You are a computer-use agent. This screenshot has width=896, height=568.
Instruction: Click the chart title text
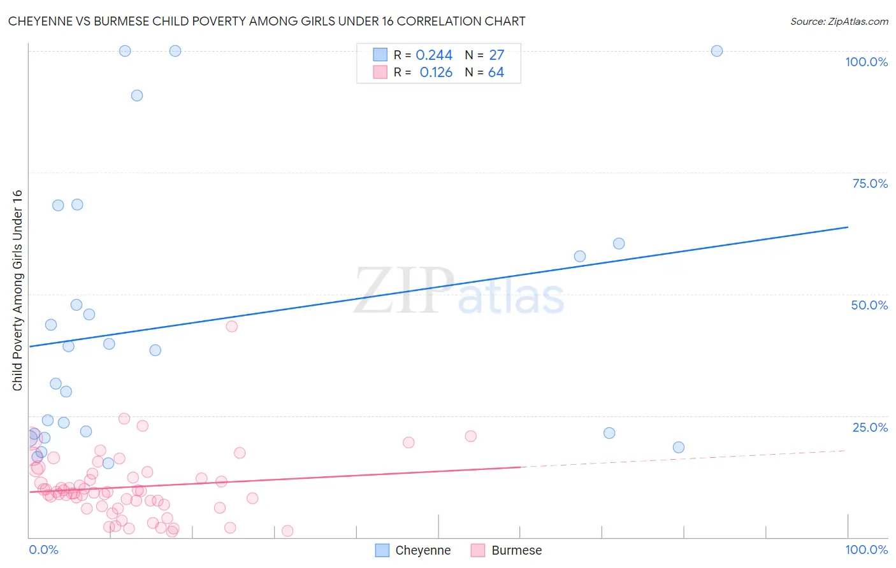[x=266, y=21]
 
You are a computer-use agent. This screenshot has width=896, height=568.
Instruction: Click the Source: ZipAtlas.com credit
[x=839, y=21]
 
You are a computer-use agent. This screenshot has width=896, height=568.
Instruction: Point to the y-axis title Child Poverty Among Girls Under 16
[x=17, y=290]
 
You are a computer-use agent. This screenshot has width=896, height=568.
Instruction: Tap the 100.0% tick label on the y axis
[x=866, y=62]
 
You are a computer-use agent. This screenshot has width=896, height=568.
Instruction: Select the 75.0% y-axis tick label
[x=870, y=183]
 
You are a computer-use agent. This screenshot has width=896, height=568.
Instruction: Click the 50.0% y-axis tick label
[x=869, y=305]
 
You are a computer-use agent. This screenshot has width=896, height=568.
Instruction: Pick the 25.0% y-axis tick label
[x=870, y=427]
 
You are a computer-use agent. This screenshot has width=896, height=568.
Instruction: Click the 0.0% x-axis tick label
[x=43, y=550]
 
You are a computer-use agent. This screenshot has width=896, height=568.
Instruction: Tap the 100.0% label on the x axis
[x=866, y=550]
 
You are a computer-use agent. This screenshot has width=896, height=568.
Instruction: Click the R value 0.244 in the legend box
[x=434, y=55]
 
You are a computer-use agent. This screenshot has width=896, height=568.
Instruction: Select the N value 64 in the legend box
[x=496, y=73]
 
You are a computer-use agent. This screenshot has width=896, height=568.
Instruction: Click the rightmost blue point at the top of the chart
[x=717, y=51]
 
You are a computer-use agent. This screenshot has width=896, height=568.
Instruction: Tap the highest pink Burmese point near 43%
[x=232, y=326]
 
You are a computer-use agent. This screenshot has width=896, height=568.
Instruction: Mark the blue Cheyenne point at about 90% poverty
[x=137, y=96]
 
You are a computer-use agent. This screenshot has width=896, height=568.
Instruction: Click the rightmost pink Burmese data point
[x=471, y=436]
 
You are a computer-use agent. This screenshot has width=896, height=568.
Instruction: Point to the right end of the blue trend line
[x=848, y=227]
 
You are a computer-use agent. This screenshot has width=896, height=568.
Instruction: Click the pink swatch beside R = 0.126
[x=380, y=72]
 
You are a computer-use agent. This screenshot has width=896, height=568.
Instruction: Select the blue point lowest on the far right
[x=679, y=447]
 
